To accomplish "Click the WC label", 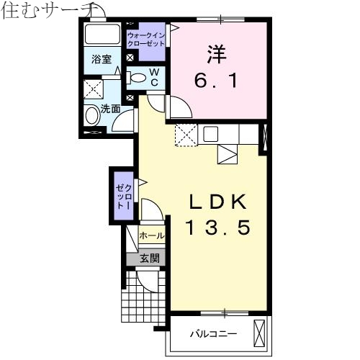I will [153, 78].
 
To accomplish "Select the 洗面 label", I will [110, 109].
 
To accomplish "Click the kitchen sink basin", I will [211, 133].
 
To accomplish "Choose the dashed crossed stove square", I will [186, 135].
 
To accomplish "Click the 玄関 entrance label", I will [149, 258].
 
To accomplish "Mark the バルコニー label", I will [213, 334].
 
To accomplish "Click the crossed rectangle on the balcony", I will [260, 334].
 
